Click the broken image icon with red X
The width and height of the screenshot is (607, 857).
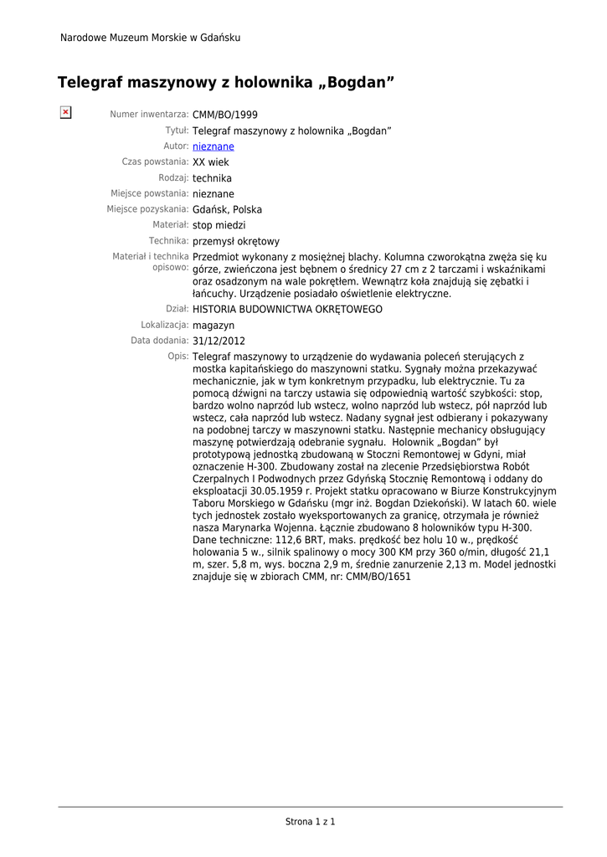coord(65,112)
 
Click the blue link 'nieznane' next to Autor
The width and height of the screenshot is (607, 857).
coord(213,146)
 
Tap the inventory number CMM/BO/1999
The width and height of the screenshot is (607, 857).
coord(225,115)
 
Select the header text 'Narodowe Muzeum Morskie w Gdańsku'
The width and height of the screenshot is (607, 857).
coord(150,38)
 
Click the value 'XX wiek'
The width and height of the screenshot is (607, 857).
coord(210,162)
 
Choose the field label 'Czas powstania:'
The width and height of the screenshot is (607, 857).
coord(155,162)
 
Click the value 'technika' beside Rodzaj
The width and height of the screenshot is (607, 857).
coord(212,178)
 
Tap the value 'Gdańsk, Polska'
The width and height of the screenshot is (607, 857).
coord(227,210)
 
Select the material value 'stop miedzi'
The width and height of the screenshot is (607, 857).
coord(219,225)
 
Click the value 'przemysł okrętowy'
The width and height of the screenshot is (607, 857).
coord(236,242)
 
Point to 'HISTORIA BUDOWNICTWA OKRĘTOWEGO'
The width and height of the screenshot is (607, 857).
coord(287,310)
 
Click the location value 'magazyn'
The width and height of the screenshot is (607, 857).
coord(213,326)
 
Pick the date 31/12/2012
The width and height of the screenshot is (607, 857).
coord(219,341)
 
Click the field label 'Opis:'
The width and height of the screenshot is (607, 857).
coord(177,357)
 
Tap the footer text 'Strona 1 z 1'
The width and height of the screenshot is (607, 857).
coord(310,822)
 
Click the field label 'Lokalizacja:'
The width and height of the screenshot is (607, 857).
coord(164,325)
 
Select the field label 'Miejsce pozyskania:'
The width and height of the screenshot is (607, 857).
coord(147,209)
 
